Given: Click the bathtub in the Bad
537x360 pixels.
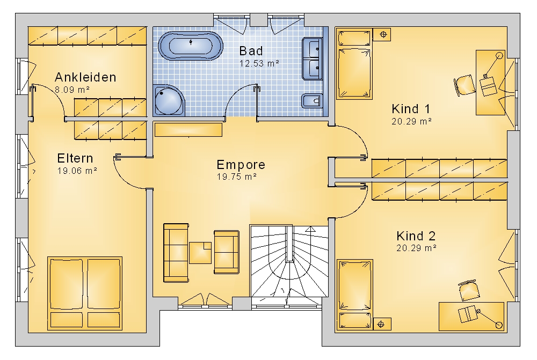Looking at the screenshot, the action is tap(191, 46).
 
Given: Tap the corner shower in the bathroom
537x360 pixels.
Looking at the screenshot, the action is tap(169, 100).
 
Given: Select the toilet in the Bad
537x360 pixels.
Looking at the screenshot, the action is tap(312, 101).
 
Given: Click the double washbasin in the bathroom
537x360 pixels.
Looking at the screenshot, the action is tap(313, 59).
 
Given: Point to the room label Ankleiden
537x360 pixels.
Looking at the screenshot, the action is tap(85, 77).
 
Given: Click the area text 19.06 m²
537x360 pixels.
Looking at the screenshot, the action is tap(77, 171).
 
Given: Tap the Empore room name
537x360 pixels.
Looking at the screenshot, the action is tap(241, 165).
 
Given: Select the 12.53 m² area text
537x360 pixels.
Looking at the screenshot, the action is tap(259, 63).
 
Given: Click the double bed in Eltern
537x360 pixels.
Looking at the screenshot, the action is tap(85, 293).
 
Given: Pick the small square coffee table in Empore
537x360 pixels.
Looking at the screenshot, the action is tap(200, 253).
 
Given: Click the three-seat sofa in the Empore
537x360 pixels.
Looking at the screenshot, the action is tap(176, 253).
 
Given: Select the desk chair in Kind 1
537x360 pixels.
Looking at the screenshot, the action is tap(465, 85).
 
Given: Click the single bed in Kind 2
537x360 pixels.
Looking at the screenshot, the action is tap(355, 295).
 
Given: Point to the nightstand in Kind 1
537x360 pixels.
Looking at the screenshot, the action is tap(382, 34).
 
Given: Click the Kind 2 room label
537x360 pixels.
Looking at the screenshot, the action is tap(416, 236).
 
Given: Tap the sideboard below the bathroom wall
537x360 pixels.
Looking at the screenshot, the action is tap(188, 130).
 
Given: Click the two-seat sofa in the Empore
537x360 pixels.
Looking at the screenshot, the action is tap(227, 252).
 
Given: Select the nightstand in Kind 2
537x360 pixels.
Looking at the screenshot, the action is tap(382, 324).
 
